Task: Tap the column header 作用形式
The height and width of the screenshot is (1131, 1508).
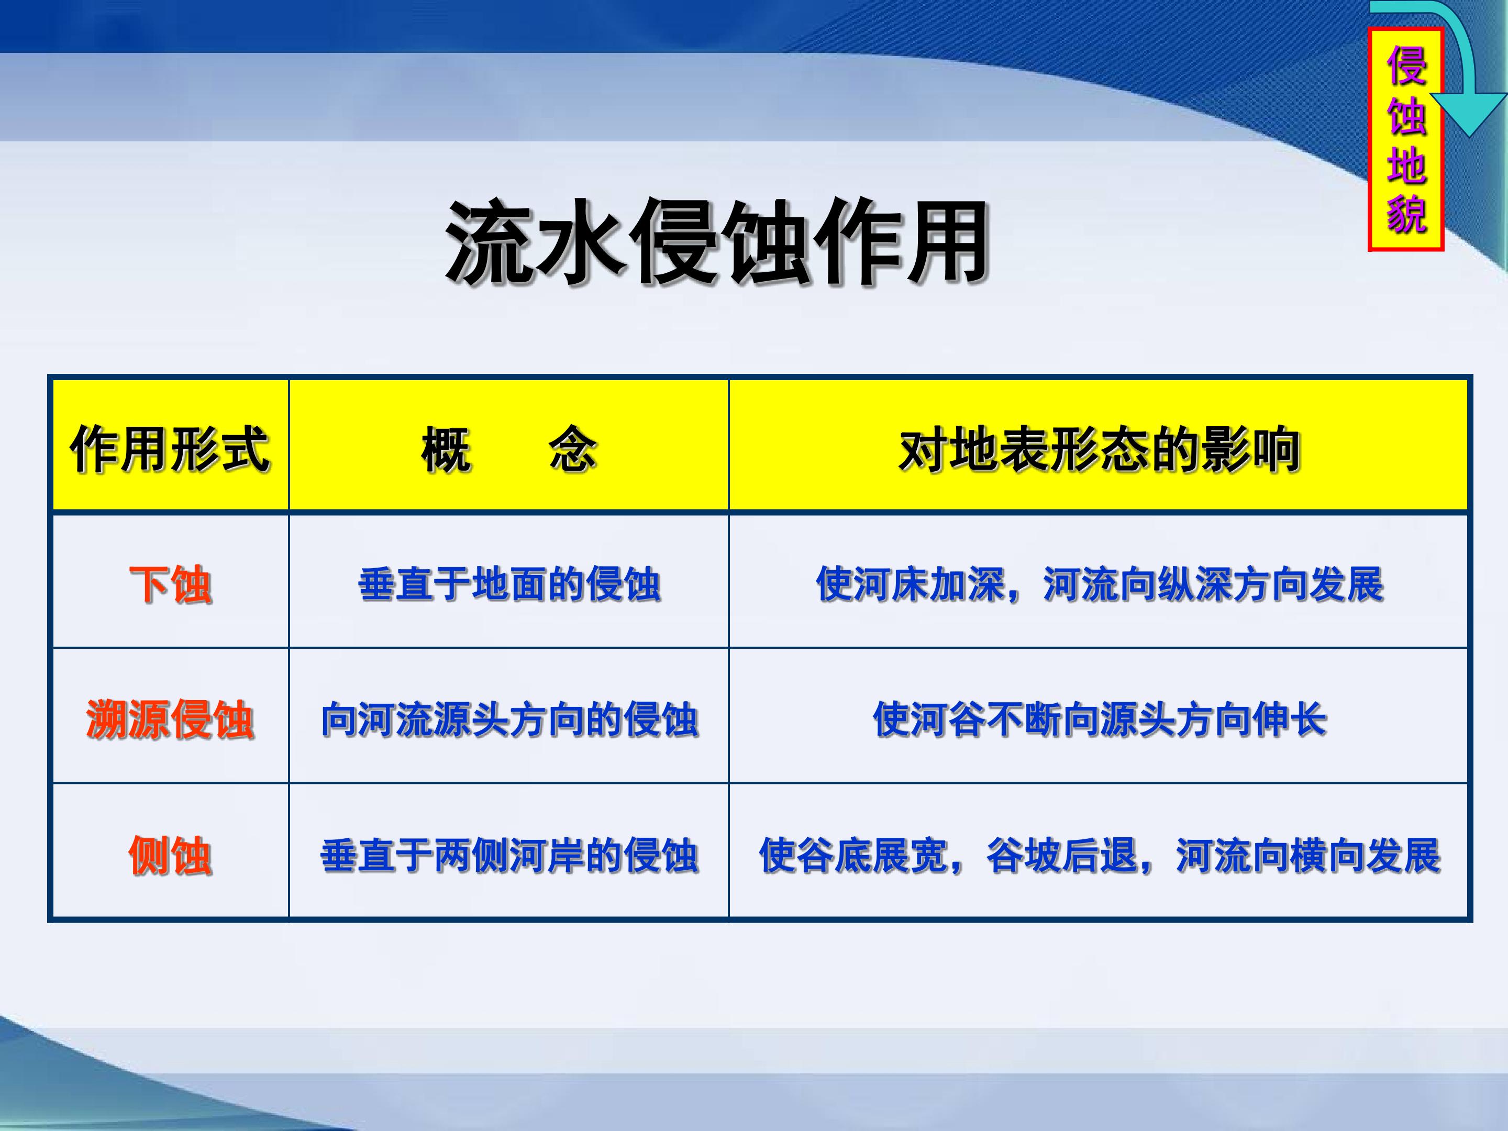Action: pos(170,449)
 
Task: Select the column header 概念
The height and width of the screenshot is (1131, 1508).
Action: pos(508,449)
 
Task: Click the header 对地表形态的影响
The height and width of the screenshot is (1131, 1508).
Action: pos(1099,449)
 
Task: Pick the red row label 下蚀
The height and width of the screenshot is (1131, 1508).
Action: pos(170,584)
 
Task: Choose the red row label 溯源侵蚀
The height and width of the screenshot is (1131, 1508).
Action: pos(170,719)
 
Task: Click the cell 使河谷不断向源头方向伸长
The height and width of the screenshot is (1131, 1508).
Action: pos(1099,719)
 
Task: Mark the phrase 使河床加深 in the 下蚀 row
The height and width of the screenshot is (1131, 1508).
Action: pos(910,584)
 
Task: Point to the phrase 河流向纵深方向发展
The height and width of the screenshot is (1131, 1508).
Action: pos(1214,584)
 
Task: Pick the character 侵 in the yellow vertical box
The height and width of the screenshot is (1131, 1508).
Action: pos(1406,65)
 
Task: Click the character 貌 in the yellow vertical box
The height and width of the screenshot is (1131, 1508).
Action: pos(1406,214)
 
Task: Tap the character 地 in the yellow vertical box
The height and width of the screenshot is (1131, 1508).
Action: pos(1406,164)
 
